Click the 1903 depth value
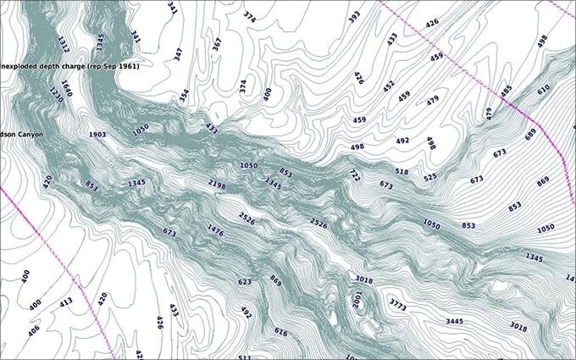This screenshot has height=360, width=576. pos(97,135)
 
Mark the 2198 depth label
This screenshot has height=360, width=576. pos(217,184)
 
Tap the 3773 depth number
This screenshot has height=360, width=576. pos(398,302)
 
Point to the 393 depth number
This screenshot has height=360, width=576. pos(354,16)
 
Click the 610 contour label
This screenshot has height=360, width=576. pos(543,89)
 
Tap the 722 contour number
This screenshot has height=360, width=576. pos(354,174)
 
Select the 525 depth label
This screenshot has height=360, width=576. pos(430,178)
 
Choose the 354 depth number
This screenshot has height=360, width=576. pos(184,96)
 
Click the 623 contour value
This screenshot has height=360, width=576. pos(245,282)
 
